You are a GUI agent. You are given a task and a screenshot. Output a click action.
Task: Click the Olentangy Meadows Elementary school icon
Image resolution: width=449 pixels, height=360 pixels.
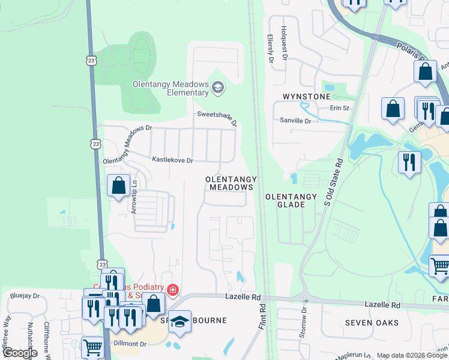[x=217, y=89]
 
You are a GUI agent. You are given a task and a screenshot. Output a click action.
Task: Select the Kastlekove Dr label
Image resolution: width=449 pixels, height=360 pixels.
[x=172, y=160]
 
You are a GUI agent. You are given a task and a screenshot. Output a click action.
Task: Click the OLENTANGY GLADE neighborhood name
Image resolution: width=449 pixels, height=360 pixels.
[x=291, y=200]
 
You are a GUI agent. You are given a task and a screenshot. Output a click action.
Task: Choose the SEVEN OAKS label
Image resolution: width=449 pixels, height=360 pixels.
[x=369, y=323]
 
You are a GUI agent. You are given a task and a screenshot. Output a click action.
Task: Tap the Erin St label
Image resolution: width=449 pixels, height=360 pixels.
[x=339, y=108]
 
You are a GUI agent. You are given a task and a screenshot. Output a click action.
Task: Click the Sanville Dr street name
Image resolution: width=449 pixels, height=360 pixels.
[x=295, y=121]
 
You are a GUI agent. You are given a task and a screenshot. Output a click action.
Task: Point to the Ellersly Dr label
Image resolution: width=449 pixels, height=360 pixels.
[x=271, y=49]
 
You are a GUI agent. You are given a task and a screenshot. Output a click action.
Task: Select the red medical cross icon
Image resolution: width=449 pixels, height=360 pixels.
[x=173, y=290]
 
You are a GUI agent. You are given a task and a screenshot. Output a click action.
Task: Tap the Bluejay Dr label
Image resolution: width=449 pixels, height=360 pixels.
[x=25, y=296]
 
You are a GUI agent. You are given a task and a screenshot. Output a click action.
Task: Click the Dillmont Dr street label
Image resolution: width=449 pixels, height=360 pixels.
[x=130, y=344]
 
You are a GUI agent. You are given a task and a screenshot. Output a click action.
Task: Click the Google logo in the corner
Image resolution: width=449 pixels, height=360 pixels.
[x=19, y=353]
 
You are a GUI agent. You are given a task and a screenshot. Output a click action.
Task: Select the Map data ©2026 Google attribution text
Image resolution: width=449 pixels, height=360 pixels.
[x=412, y=355]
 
